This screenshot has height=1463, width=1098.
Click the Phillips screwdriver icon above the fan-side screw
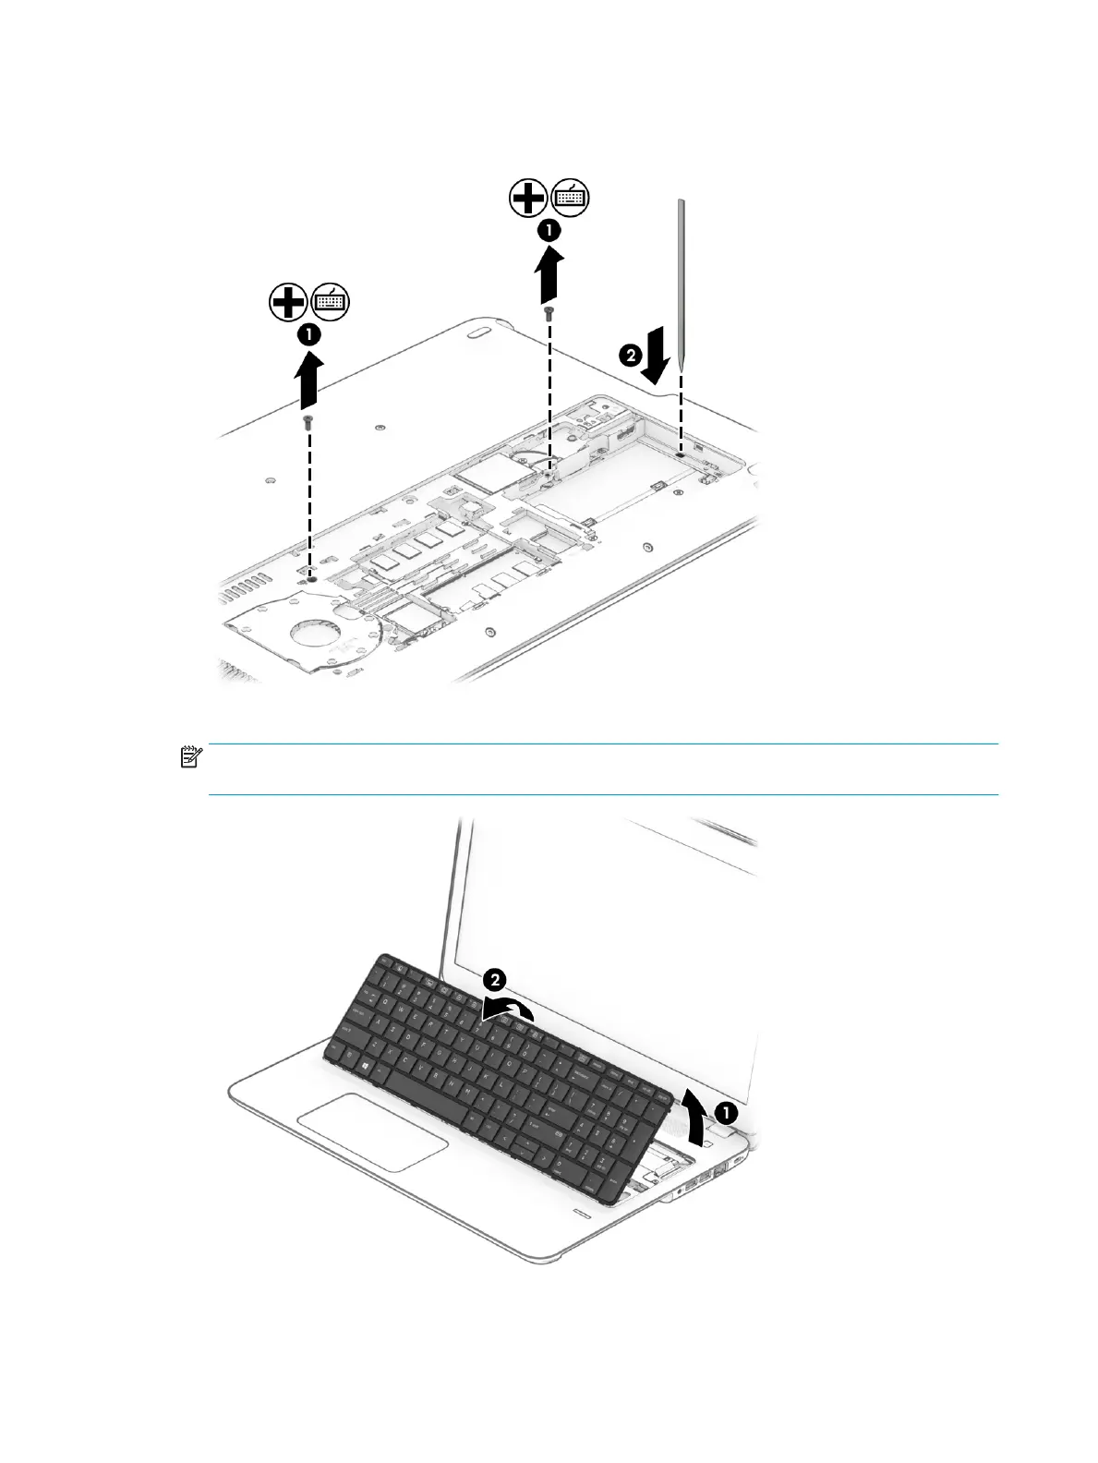coord(288,302)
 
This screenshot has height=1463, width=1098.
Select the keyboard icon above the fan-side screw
coord(331,302)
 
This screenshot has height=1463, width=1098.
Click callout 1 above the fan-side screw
coord(308,335)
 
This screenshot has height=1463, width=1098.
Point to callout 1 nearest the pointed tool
coord(549,230)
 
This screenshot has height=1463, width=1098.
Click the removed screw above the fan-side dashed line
coord(308,421)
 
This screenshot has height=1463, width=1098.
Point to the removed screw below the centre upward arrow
coord(549,314)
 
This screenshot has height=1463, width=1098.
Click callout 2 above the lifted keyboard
coord(495,980)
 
